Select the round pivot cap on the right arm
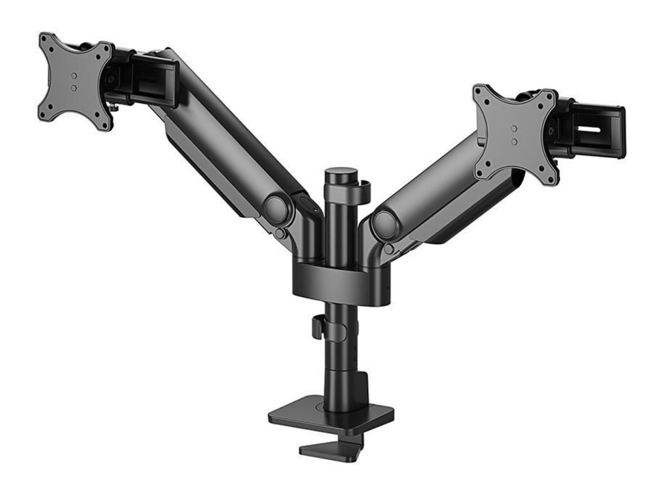coord(383,224)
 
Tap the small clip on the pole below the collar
coord(317,327)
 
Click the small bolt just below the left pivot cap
coord(279,234)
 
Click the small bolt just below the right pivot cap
coord(387,248)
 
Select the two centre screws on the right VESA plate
coord(514,135)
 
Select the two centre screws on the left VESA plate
coord(75,81)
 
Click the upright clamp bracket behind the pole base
coord(359,390)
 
